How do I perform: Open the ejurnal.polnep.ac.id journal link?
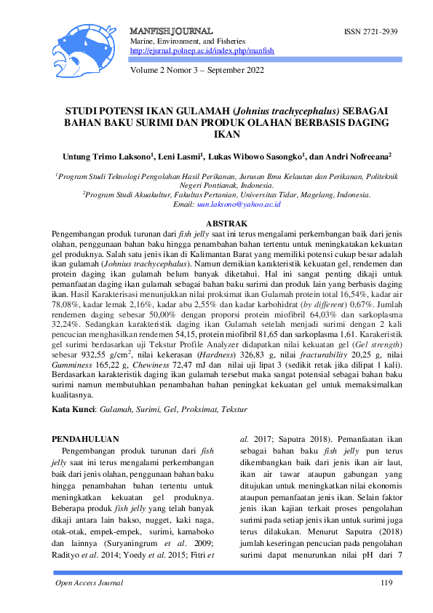(202, 52)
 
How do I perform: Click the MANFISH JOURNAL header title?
(171, 32)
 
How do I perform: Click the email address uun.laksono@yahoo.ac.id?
(242, 205)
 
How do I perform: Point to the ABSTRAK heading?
(228, 223)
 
